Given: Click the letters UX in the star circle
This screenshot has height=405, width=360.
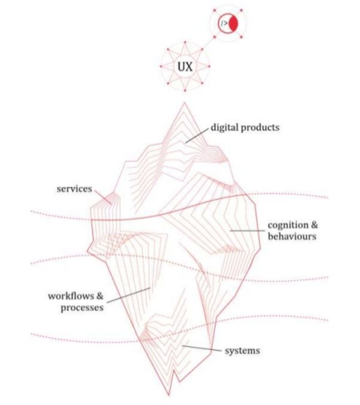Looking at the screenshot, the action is (185, 68).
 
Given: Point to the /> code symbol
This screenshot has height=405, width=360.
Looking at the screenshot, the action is (224, 24).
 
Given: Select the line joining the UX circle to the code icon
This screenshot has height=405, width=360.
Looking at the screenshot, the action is (206, 46).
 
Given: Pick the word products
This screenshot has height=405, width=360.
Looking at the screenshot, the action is (261, 127).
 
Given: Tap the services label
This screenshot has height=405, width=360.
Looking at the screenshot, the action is (74, 189).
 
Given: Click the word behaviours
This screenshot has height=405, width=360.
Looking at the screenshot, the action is (292, 237).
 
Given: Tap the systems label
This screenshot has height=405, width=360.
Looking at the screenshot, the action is (243, 350).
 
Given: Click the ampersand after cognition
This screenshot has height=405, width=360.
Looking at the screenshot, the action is (311, 226).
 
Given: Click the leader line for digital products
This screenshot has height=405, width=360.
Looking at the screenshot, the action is (196, 135).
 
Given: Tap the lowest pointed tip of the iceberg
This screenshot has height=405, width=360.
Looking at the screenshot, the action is (169, 394).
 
